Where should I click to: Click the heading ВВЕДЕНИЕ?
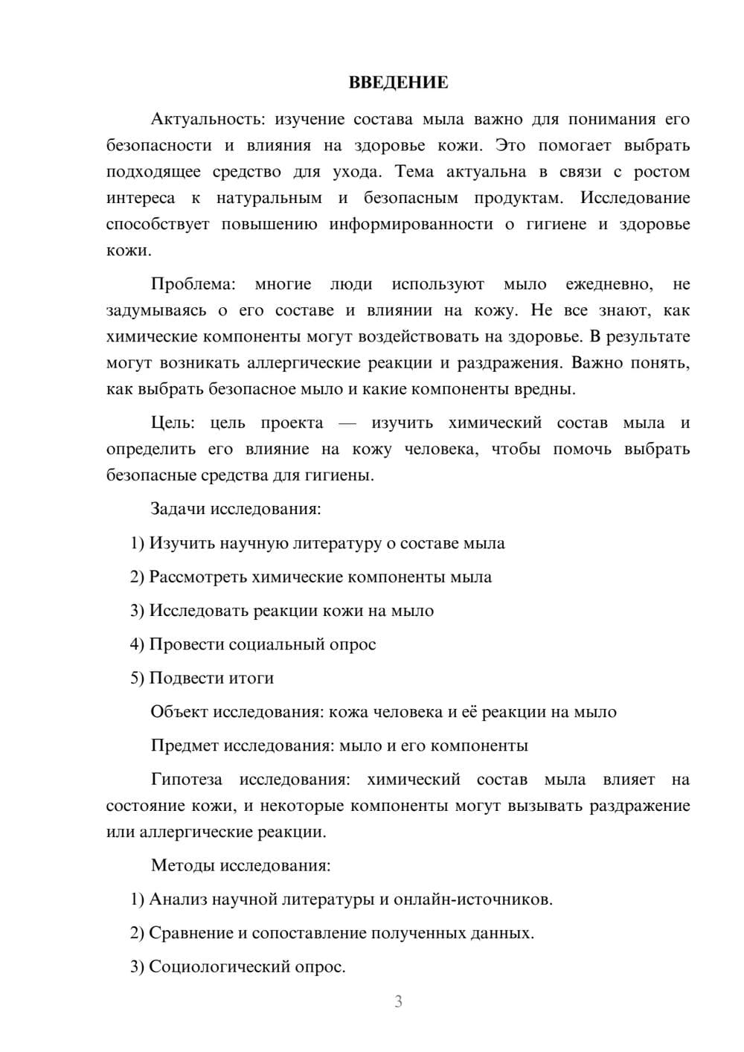click(x=398, y=83)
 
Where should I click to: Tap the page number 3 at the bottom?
click(x=398, y=1001)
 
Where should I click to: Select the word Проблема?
click(x=193, y=284)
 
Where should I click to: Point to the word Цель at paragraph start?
click(x=172, y=423)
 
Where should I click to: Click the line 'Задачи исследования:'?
click(x=236, y=509)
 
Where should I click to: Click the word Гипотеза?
click(x=186, y=780)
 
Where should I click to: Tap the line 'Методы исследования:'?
click(x=240, y=865)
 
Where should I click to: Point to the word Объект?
click(x=179, y=712)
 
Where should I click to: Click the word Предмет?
click(x=185, y=745)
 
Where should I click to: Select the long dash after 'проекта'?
click(x=347, y=423)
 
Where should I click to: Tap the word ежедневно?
click(x=609, y=284)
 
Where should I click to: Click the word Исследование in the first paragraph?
click(x=635, y=198)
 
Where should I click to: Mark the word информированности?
click(x=411, y=224)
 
